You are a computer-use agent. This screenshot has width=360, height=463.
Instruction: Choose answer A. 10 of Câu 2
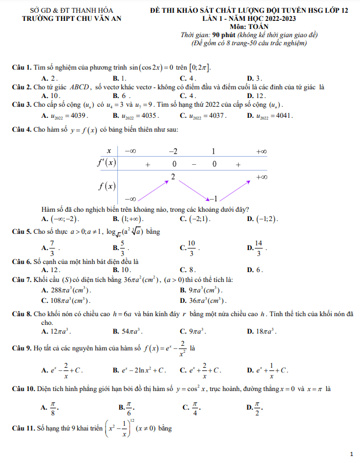[51, 96]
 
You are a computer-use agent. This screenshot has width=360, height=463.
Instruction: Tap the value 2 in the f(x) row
[173, 175]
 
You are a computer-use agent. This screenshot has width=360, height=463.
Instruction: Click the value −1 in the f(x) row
[213, 197]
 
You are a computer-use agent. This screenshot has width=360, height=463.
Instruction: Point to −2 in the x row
[173, 151]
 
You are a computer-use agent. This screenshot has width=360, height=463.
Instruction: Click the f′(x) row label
[106, 163]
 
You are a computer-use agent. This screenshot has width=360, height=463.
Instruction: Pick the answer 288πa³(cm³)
[66, 290]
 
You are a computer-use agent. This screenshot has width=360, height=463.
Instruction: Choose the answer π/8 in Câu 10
[52, 407]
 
